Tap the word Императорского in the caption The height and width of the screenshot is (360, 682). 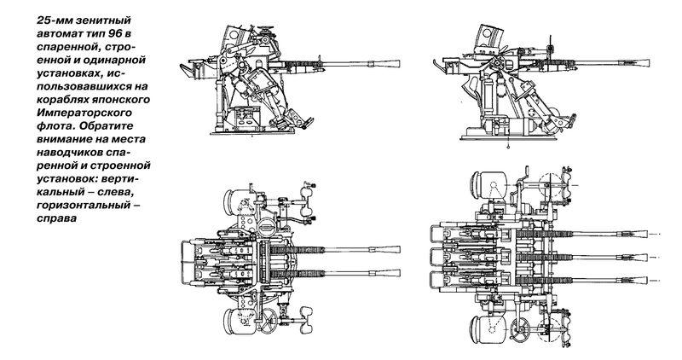84,113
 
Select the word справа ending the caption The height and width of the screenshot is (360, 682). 56,218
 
